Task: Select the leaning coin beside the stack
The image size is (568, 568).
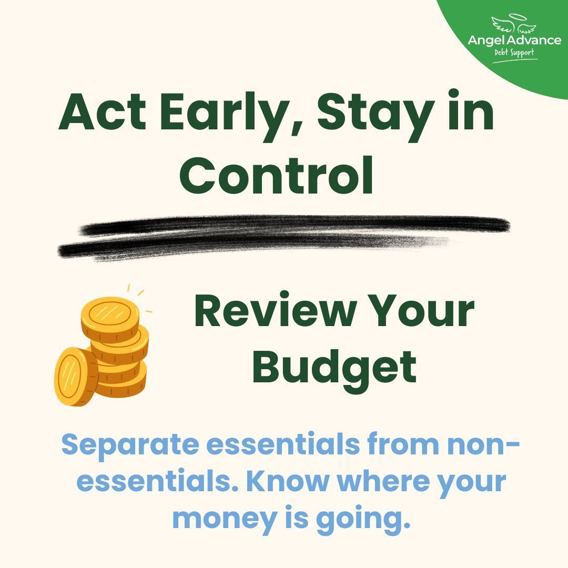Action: click(76, 376)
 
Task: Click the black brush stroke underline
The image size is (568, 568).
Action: click(284, 237)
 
